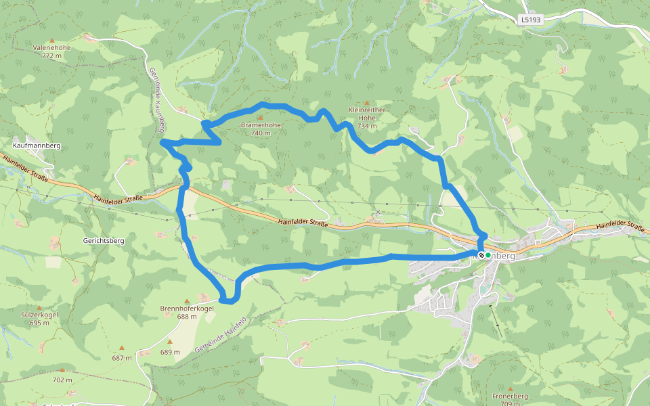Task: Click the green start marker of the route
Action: [487, 256]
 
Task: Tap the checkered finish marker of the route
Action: [481, 256]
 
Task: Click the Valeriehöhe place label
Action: [51, 48]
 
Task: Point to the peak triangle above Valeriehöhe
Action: [51, 40]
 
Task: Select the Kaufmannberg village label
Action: [37, 145]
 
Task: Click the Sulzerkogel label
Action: [40, 315]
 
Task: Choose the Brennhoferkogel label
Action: [187, 309]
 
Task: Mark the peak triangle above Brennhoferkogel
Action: [187, 300]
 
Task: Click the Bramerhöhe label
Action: [261, 125]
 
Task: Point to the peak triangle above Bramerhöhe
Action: [260, 117]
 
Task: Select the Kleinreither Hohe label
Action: [367, 113]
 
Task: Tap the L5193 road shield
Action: [532, 20]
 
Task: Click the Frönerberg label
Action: [511, 396]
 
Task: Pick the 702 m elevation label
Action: [62, 380]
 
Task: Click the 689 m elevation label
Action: [170, 352]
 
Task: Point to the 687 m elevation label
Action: [122, 358]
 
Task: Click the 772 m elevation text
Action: [51, 56]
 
